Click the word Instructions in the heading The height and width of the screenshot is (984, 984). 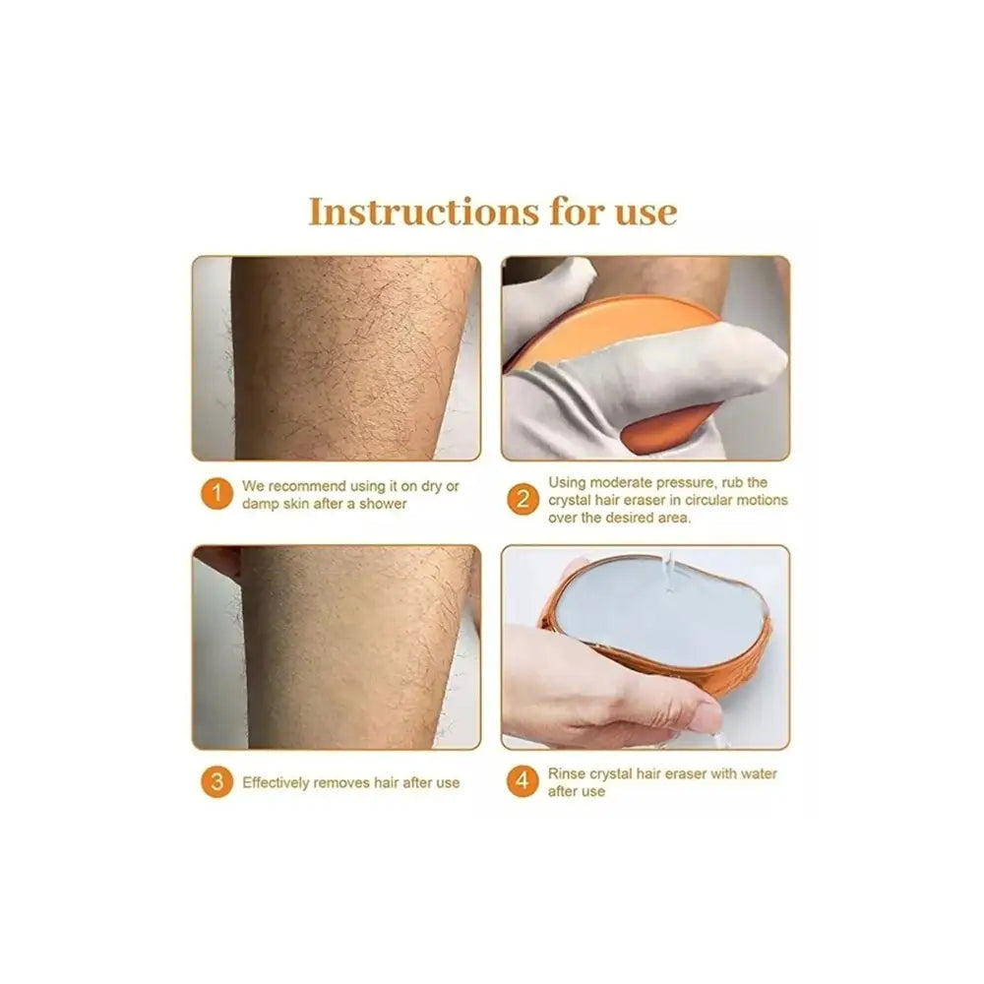pyautogui.click(x=423, y=212)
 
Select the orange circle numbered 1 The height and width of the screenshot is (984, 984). pyautogui.click(x=217, y=495)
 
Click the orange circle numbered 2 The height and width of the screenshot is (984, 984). pyautogui.click(x=523, y=500)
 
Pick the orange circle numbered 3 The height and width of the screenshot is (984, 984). pyautogui.click(x=217, y=782)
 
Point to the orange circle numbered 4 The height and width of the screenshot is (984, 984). pyautogui.click(x=523, y=782)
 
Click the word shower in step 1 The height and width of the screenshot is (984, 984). pyautogui.click(x=383, y=504)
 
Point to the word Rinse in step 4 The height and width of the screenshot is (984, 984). pyautogui.click(x=567, y=773)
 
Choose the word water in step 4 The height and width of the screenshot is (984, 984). pyautogui.click(x=759, y=773)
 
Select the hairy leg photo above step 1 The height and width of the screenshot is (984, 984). pyautogui.click(x=337, y=358)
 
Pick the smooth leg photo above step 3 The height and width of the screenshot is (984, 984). pyautogui.click(x=337, y=647)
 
